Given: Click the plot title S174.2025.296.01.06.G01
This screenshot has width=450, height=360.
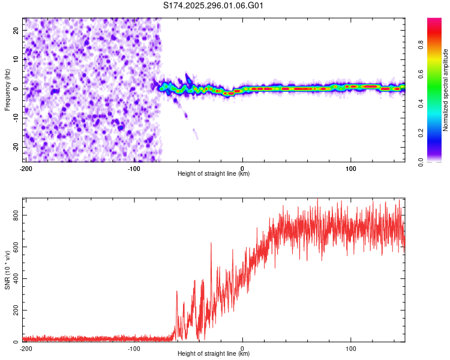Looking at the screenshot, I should (x=214, y=6).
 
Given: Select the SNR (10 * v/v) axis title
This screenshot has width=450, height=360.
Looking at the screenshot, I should (x=7, y=269).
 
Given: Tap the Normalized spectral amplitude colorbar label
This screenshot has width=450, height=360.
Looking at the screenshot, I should (x=445, y=91).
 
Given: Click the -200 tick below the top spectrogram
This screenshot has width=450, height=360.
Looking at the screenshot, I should (x=26, y=168).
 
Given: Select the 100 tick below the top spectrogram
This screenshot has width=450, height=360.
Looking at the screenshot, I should (x=351, y=168).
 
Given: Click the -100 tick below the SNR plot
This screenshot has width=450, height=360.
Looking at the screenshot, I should (x=134, y=349).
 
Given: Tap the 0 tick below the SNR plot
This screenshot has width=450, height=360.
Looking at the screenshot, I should (x=242, y=349).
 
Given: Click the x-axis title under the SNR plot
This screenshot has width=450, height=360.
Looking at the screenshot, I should (x=214, y=354).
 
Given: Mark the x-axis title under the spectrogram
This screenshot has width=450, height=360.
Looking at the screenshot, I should (x=214, y=174).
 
